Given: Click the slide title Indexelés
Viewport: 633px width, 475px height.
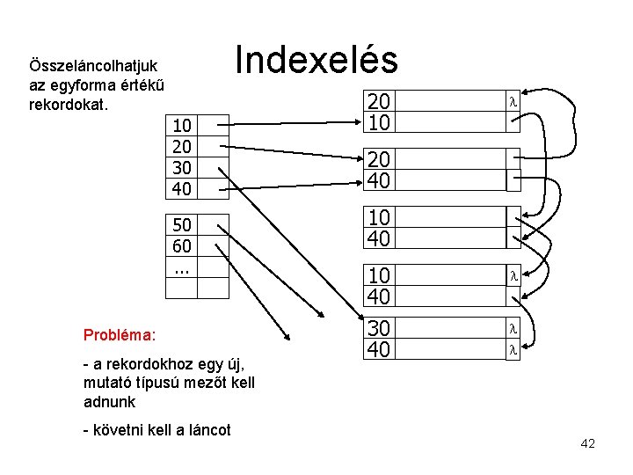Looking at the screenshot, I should (x=316, y=60).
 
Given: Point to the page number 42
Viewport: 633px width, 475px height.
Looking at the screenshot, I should (x=587, y=443).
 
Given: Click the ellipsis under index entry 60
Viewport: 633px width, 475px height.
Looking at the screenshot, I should (x=182, y=267).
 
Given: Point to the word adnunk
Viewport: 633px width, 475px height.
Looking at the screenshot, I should (x=109, y=401).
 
